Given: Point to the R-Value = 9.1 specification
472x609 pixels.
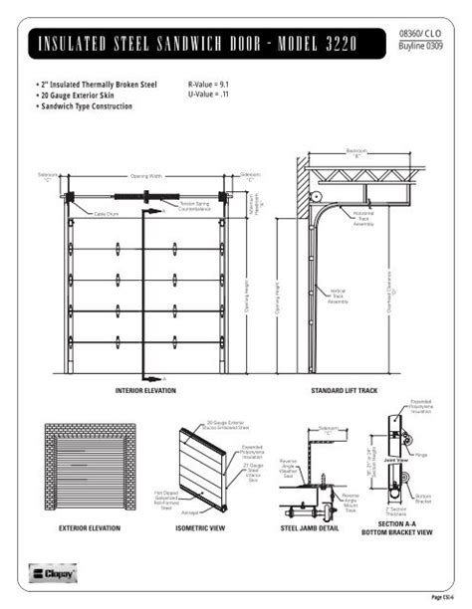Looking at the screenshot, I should (212, 86).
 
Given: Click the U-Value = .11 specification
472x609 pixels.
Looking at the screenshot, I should (210, 96).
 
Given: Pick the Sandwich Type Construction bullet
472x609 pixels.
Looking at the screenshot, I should (85, 105).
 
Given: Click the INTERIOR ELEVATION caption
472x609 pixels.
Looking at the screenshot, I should (145, 391).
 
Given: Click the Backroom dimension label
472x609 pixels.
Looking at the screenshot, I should (356, 151).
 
